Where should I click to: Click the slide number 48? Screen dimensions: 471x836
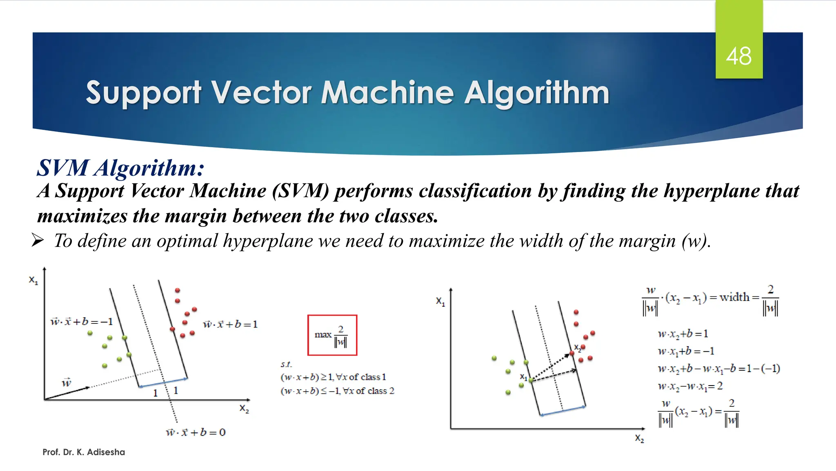(x=738, y=56)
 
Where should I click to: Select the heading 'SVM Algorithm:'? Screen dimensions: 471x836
(x=120, y=168)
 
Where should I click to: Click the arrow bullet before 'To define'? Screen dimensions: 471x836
(x=38, y=240)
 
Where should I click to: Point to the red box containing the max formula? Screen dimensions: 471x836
(x=332, y=335)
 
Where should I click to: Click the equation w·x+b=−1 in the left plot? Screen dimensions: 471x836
(x=81, y=322)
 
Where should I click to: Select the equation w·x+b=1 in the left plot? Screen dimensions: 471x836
(x=230, y=325)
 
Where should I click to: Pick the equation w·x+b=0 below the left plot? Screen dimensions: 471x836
(x=196, y=432)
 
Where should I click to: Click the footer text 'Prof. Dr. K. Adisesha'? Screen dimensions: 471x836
(x=84, y=452)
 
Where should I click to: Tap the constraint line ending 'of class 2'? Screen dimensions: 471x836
(x=337, y=391)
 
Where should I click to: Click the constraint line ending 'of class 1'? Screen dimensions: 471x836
(x=333, y=377)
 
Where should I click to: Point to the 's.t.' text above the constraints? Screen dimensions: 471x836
(x=286, y=364)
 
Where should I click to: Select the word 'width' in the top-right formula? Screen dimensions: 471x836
(x=734, y=297)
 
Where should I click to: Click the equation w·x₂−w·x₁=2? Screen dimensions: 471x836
(x=690, y=386)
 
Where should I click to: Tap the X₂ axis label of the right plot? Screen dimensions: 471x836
(x=639, y=438)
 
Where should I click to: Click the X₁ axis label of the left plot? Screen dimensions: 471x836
(x=33, y=280)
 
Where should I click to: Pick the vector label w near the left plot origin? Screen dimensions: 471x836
(x=67, y=382)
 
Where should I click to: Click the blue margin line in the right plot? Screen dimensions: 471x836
(x=563, y=411)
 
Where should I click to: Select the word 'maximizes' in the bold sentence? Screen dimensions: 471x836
(x=82, y=216)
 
